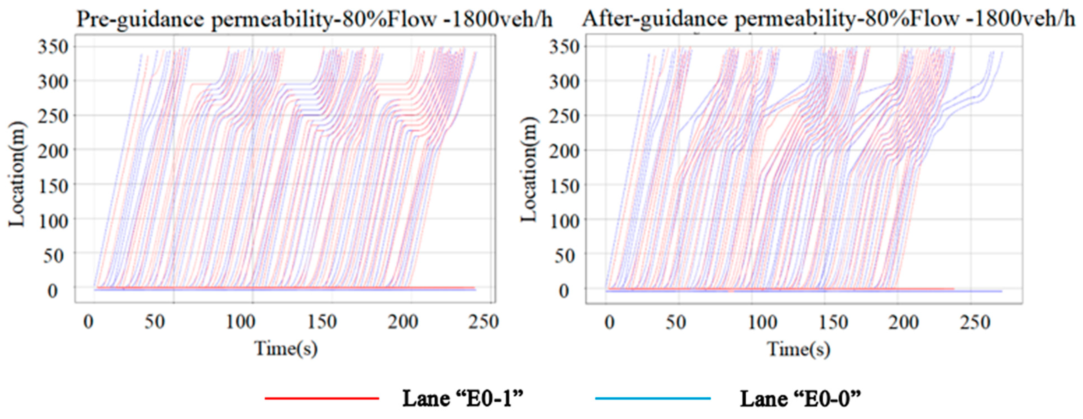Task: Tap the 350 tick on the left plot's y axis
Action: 53,47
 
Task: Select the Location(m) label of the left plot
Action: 17,174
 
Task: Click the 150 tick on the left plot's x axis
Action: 322,323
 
